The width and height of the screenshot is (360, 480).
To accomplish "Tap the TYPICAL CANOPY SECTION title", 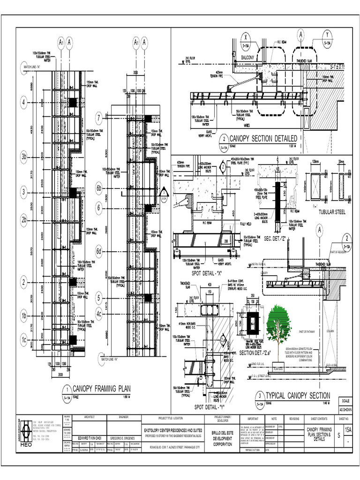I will coord(298,396).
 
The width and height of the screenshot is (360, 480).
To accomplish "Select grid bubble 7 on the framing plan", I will coord(99,117).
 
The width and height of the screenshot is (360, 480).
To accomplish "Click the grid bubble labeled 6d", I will coord(99,251).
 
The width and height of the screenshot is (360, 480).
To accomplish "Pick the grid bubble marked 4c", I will coord(99,314).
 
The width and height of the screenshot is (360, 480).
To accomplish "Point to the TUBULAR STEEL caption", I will coord(331,212).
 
